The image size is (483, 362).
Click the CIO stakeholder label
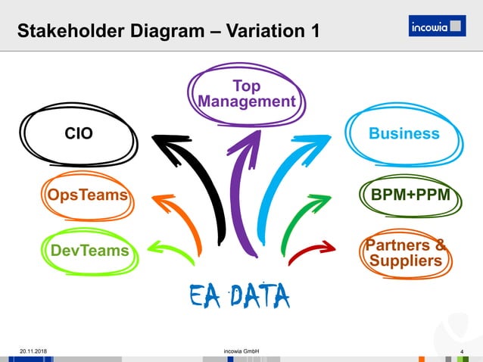click(79, 134)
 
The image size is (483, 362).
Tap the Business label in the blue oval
click(404, 133)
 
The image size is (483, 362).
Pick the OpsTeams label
click(83, 195)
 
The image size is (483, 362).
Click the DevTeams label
click(89, 250)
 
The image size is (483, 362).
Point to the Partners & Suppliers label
click(406, 253)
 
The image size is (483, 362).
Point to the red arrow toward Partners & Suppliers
click(310, 250)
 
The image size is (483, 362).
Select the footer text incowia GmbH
click(241, 351)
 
